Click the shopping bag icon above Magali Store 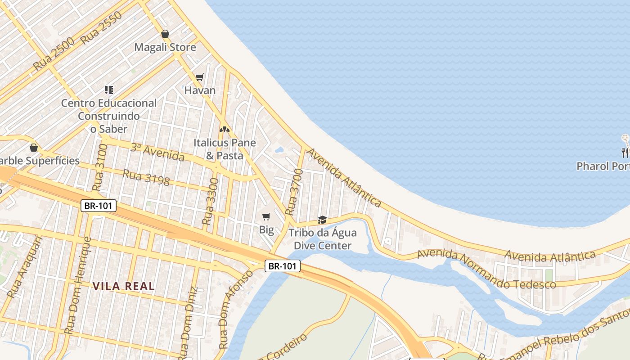coord(165,34)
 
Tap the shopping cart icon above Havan coord(200,77)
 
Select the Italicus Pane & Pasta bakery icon coord(224,129)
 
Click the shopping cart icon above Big coord(266,217)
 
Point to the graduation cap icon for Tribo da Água coord(322,220)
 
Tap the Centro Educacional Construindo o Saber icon coord(109,90)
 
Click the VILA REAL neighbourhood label coord(123,286)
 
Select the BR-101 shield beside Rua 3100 coord(99,206)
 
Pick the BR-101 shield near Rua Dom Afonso coord(282,266)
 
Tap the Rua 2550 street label coord(102,28)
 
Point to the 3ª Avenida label coord(157,152)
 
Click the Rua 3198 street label coord(146,178)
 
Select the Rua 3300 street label coord(210,201)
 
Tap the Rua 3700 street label coord(292,191)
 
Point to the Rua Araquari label coord(25,268)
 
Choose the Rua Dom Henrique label coord(78,286)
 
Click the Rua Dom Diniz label coord(188,322)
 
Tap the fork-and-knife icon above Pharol coord(625,153)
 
